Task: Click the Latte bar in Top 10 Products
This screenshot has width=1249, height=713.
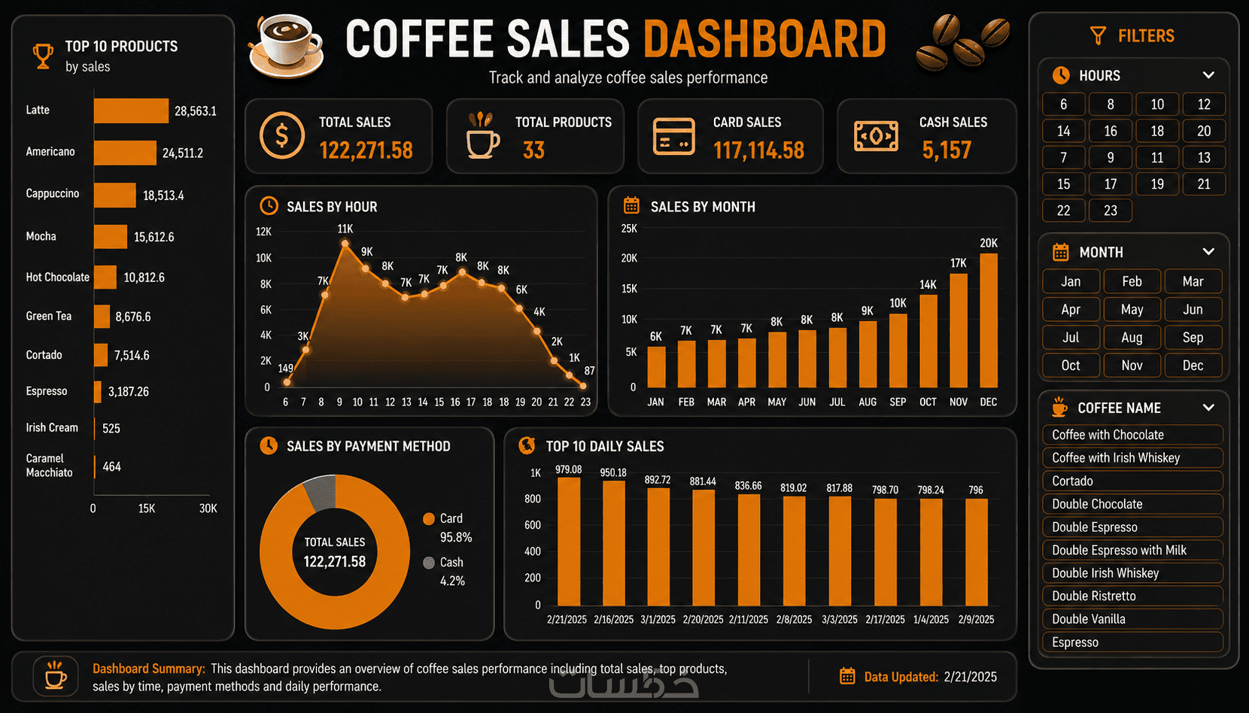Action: pos(131,111)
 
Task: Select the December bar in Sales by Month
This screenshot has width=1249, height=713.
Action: pos(989,320)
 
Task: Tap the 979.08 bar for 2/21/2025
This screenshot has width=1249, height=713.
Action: pos(569,542)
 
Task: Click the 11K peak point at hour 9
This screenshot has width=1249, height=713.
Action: pos(345,244)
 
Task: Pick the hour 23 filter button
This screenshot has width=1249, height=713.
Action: pos(1110,211)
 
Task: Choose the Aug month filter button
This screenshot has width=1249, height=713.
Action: pos(1132,337)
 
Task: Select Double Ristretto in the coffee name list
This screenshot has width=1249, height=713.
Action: pos(1132,596)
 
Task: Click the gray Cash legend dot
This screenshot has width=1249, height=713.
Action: pos(429,563)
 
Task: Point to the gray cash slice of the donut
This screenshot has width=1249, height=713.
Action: pos(320,492)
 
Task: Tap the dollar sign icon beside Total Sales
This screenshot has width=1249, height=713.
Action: pos(282,135)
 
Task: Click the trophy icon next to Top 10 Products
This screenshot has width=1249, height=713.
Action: pos(43,56)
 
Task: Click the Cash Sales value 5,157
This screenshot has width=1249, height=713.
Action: pos(947,150)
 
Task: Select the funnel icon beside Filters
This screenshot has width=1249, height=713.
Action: pos(1098,35)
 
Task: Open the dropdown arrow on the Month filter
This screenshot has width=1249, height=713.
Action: pos(1208,252)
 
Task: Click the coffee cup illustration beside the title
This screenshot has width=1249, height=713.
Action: pos(286,47)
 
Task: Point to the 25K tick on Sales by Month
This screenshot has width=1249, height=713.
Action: pos(629,229)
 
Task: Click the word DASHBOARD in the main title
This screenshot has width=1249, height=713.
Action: pos(764,39)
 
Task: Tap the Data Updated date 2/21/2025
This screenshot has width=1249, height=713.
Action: pos(970,677)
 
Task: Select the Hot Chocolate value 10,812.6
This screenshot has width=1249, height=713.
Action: pos(144,278)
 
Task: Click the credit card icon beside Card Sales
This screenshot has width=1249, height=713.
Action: pos(674,136)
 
